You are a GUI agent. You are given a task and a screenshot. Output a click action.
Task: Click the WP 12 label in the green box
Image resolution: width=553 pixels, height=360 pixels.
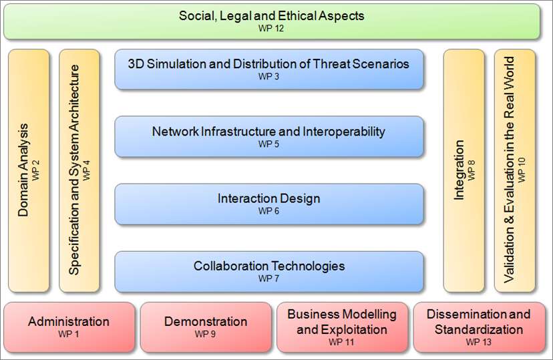click(271, 28)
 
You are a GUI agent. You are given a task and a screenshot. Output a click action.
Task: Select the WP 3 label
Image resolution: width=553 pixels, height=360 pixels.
click(268, 76)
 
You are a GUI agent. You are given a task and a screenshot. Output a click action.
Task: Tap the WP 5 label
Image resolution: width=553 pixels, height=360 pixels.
click(268, 144)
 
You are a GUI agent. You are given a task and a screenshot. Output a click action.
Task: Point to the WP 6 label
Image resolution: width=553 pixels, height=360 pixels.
click(268, 211)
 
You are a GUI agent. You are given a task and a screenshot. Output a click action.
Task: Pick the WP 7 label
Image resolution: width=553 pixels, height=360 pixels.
click(268, 279)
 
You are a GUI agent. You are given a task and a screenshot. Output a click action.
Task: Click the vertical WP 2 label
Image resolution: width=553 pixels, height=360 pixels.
click(36, 171)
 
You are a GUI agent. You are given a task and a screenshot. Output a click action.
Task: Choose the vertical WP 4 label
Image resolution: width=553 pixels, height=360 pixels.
click(86, 171)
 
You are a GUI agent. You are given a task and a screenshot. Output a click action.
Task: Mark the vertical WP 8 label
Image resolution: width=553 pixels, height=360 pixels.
click(471, 171)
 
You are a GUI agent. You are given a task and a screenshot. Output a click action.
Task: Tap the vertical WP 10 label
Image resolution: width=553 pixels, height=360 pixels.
click(522, 170)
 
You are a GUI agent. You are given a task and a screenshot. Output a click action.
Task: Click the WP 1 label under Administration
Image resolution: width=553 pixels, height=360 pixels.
click(69, 334)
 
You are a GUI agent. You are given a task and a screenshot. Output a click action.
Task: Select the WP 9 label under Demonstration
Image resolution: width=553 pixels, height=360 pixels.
click(205, 334)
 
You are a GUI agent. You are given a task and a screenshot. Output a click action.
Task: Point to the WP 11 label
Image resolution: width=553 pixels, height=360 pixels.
click(341, 342)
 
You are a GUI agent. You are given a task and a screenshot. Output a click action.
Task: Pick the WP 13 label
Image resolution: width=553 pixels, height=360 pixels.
click(479, 342)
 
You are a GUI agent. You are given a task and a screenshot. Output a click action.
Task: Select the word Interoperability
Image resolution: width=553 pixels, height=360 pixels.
click(344, 132)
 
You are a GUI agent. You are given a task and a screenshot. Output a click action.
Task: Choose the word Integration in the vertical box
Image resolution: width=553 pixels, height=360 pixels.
click(458, 170)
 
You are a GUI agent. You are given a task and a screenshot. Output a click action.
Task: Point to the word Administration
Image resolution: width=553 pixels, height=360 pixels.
click(69, 321)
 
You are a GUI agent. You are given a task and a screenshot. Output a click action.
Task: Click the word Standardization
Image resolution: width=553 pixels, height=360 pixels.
click(479, 329)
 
